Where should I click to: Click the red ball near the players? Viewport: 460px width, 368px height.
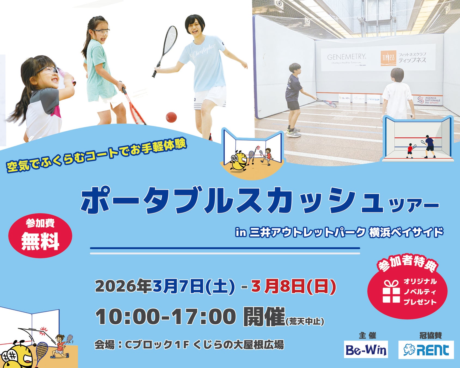click(x=171, y=117)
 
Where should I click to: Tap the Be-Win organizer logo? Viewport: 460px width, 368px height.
click(x=366, y=349)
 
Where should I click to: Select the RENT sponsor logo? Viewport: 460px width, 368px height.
click(x=426, y=350)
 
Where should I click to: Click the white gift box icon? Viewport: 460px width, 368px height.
click(x=391, y=292)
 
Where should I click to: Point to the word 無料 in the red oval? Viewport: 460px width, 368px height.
click(x=40, y=241)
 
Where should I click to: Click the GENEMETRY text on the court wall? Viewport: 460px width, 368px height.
click(x=346, y=57)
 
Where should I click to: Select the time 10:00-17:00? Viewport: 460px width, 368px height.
click(x=165, y=317)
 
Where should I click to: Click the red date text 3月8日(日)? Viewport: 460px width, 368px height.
click(x=294, y=286)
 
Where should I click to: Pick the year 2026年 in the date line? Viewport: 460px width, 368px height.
click(x=123, y=286)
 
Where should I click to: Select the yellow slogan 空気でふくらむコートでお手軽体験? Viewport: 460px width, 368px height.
click(x=97, y=156)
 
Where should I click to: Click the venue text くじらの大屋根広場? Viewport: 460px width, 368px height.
click(x=238, y=345)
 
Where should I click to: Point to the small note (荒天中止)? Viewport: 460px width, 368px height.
click(x=305, y=322)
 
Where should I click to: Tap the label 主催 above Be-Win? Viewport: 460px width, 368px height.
click(x=367, y=336)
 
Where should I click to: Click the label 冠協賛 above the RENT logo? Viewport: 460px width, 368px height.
click(x=431, y=336)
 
